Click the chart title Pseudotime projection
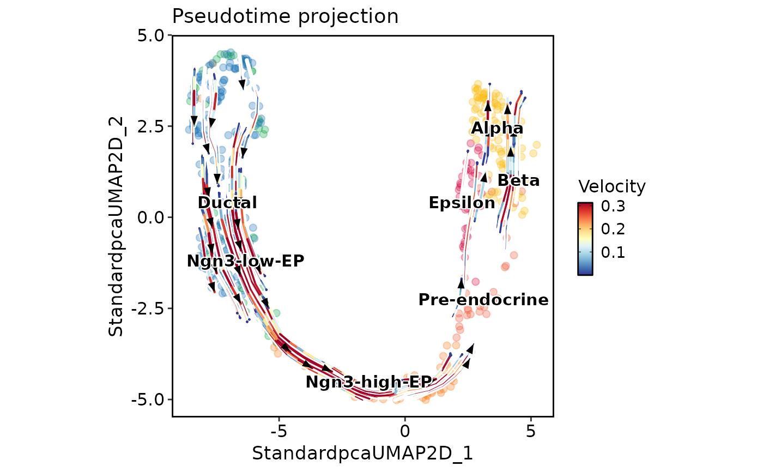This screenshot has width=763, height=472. (285, 16)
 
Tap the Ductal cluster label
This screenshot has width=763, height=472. (227, 203)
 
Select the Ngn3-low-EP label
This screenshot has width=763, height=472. (245, 261)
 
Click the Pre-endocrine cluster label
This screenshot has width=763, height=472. (483, 300)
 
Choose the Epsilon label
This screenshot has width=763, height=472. (462, 203)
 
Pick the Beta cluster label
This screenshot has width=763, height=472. (518, 180)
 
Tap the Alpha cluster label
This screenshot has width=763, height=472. (497, 129)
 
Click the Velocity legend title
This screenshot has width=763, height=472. (611, 187)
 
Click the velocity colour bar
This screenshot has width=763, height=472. (585, 238)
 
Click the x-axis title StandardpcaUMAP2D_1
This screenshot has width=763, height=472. (362, 453)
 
